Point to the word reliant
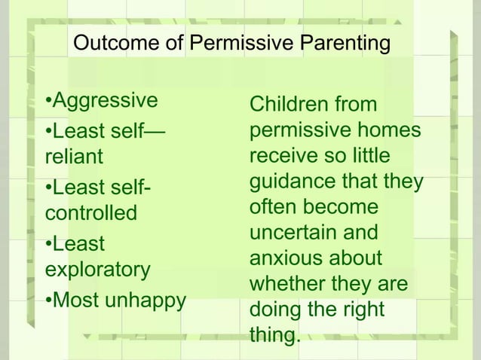[73, 157]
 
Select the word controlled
[91, 213]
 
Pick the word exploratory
[98, 269]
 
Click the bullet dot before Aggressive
[48, 101]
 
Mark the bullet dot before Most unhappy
[48, 301]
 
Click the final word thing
[274, 335]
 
